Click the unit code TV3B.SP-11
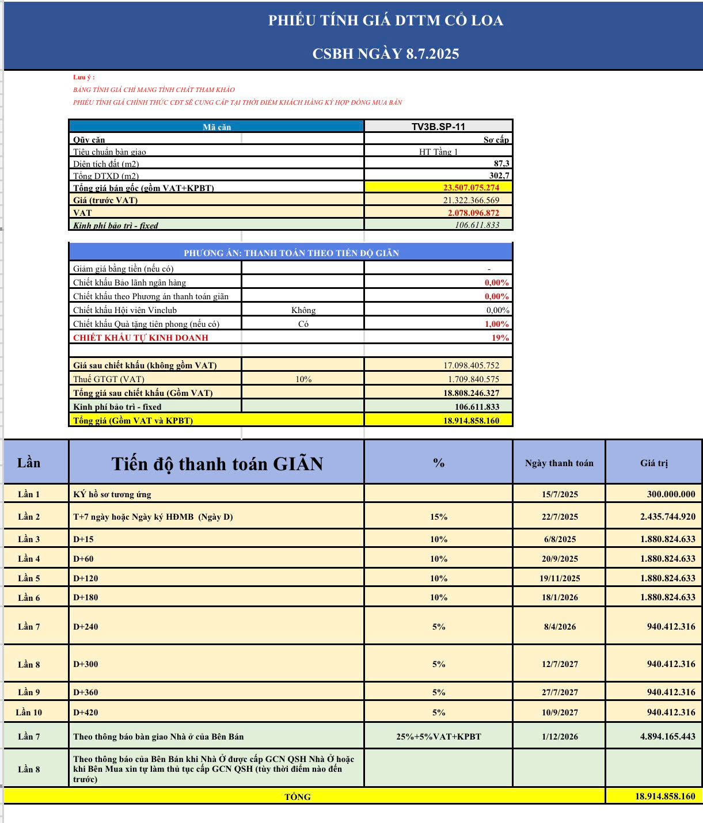438,127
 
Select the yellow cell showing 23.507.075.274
471,188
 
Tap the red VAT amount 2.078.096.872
473,213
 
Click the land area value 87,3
501,163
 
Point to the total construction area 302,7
499,176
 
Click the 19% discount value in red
500,338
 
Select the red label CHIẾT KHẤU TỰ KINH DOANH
140,338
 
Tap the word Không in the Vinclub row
303,310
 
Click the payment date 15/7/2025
560,494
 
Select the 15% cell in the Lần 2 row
439,517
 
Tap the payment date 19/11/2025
560,578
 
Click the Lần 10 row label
29,712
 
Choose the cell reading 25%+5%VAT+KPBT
439,737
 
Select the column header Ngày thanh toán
559,463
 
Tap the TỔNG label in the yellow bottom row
298,797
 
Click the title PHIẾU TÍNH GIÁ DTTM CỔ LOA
386,21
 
